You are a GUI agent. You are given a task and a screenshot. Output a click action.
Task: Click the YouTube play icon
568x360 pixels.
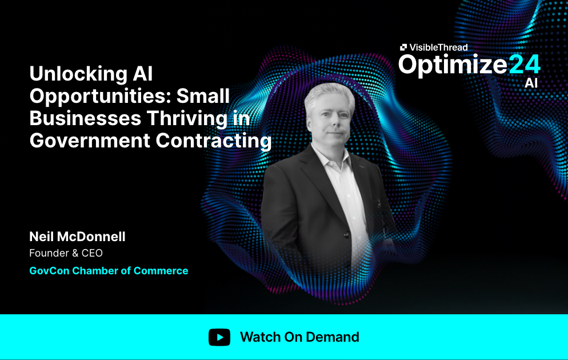point(219,337)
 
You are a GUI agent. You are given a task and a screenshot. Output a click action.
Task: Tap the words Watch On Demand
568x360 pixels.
point(299,337)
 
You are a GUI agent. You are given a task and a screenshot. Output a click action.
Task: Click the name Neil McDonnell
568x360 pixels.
point(77,237)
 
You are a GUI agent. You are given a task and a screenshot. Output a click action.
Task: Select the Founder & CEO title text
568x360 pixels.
point(66,253)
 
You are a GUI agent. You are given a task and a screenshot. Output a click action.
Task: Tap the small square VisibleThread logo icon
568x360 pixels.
point(403,47)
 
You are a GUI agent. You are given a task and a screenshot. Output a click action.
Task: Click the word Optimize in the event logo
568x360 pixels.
point(453,65)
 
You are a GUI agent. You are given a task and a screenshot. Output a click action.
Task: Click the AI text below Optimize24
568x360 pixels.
point(531,83)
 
